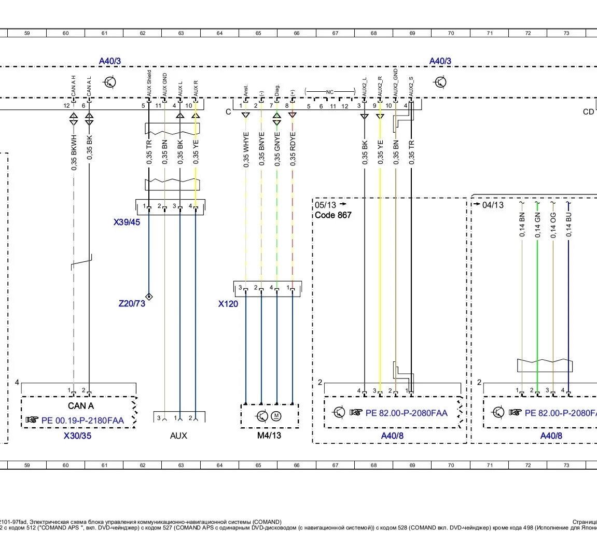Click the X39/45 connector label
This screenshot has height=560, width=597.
pos(127,222)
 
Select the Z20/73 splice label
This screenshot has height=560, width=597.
pos(132,303)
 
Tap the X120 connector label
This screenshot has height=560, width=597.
pos(228,304)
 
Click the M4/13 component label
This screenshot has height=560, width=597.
pos(269,436)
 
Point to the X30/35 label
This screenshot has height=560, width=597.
pos(77,436)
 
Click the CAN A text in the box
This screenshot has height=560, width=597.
pos(81,406)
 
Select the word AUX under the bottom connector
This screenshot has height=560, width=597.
pos(178,436)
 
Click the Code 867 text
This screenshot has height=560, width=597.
pos(333,215)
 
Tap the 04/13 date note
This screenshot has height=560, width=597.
pos(492,205)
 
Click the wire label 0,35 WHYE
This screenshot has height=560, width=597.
pos(246,150)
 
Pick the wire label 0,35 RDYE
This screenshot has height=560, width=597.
pos(293,150)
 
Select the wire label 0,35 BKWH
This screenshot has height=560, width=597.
pos(74,152)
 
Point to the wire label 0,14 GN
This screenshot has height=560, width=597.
pos(538,225)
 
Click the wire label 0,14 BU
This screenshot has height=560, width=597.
pos(569,225)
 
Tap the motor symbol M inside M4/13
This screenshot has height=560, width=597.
pos(276,416)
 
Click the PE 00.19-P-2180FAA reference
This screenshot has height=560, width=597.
pos(82,420)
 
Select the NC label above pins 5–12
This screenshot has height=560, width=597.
pos(329,92)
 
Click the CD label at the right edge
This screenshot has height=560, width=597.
pos(588,112)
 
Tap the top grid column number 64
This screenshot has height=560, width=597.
pos(219,33)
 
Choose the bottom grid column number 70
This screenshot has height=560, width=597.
pos(451,466)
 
